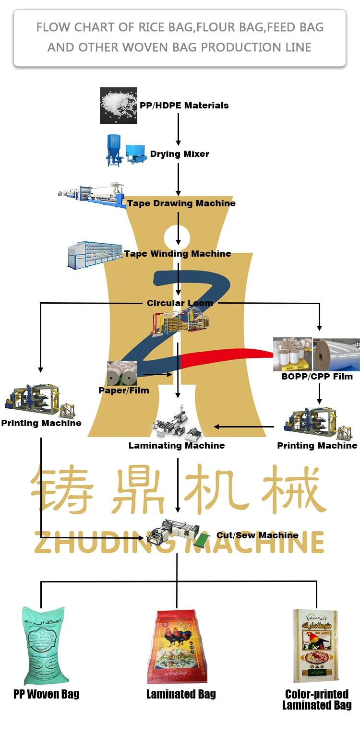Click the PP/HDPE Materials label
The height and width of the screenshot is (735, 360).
184,106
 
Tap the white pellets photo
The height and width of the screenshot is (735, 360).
119,106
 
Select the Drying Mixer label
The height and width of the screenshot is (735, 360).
180,154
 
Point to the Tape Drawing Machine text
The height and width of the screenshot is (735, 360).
181,203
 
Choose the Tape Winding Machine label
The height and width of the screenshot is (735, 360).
178,254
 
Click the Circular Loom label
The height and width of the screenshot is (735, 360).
180,303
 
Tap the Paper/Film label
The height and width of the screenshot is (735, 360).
123,391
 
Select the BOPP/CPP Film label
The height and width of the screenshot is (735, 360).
317,377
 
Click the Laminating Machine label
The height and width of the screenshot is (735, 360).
177,446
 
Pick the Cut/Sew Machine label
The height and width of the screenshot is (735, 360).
257,535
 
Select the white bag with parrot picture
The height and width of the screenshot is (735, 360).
315,645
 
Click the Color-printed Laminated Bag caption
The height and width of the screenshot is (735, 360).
317,699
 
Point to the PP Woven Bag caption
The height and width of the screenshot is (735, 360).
46,694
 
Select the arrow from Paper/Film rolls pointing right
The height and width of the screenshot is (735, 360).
157,374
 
